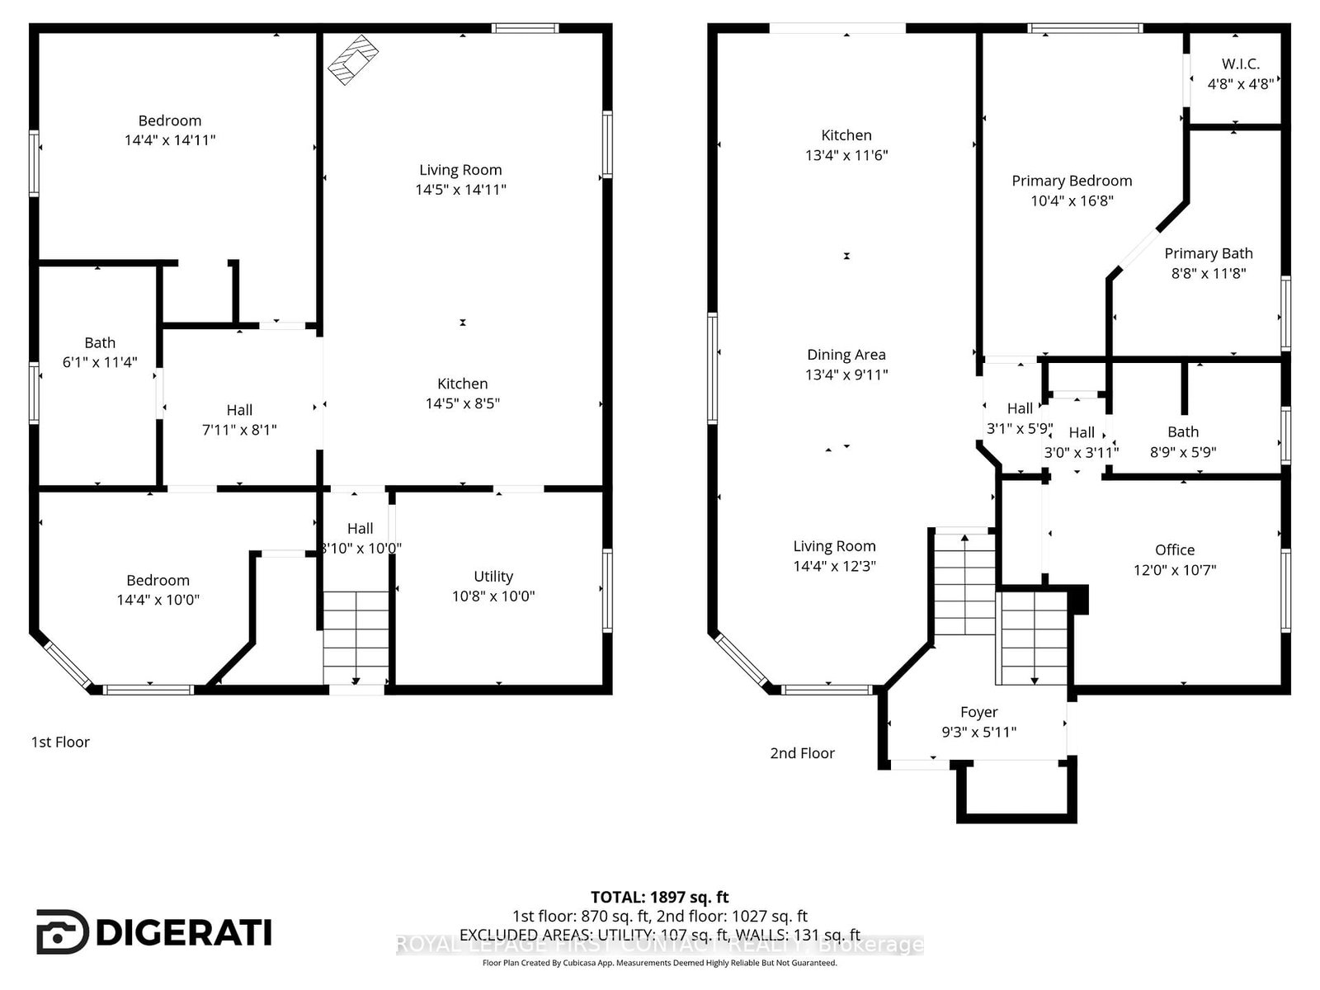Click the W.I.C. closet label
pyautogui.click(x=1240, y=64)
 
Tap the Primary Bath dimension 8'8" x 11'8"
pyautogui.click(x=1208, y=273)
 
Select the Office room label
pyautogui.click(x=1174, y=550)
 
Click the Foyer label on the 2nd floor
pyautogui.click(x=978, y=712)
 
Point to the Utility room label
pyautogui.click(x=493, y=577)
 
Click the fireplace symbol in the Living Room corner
pyautogui.click(x=352, y=59)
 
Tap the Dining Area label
pyautogui.click(x=846, y=355)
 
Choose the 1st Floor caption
pyautogui.click(x=60, y=742)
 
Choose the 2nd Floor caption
pyautogui.click(x=802, y=753)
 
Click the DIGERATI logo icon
pyautogui.click(x=62, y=932)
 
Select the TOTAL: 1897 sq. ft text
pyautogui.click(x=659, y=897)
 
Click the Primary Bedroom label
pyautogui.click(x=1072, y=181)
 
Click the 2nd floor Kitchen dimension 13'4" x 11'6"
pyautogui.click(x=846, y=155)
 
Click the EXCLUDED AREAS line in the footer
pyautogui.click(x=659, y=935)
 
